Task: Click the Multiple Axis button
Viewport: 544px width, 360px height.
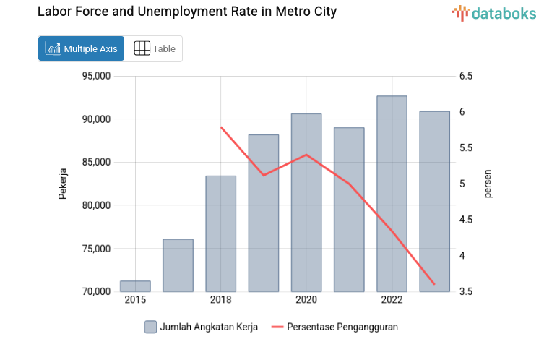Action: coord(81,48)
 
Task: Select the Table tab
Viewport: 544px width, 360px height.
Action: coord(155,48)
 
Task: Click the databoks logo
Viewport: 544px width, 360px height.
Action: coord(494,12)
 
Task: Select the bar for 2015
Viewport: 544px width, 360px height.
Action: coord(135,286)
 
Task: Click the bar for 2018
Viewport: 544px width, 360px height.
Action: coord(220,233)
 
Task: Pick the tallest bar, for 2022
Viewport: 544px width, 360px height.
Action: coord(392,194)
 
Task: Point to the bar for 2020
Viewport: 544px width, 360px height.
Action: coord(306,202)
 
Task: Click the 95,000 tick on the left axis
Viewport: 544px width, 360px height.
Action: coord(95,76)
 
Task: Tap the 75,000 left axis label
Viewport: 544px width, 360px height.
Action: coord(95,249)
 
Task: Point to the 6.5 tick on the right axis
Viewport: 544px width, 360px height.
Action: coord(465,76)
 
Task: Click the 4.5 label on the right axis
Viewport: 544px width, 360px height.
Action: coord(465,220)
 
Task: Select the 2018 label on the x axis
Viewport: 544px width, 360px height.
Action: coord(220,300)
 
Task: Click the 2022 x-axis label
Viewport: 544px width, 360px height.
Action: coord(392,300)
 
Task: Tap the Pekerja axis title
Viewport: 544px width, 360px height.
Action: coord(63,184)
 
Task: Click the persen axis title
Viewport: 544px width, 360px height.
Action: coord(488,184)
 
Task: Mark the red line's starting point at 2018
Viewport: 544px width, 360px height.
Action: coord(221,127)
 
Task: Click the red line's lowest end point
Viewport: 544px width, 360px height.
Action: coord(434,284)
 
